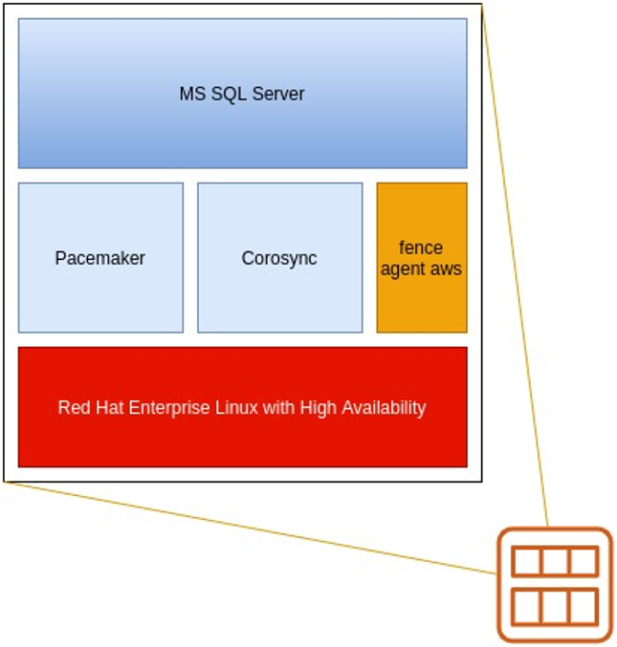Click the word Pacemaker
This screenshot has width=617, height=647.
(x=100, y=258)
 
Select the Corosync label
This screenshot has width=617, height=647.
(x=279, y=258)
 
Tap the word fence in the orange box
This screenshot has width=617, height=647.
(x=421, y=248)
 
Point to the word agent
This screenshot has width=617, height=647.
(x=404, y=270)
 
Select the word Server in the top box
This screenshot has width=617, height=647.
(x=278, y=94)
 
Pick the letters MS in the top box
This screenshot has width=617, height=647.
(x=191, y=94)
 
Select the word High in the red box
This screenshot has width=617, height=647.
(x=317, y=408)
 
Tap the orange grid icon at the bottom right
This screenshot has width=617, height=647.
(x=555, y=584)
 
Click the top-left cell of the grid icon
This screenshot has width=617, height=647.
(x=526, y=562)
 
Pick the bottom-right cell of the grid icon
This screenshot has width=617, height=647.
(x=584, y=606)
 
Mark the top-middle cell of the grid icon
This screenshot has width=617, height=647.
(x=555, y=562)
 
